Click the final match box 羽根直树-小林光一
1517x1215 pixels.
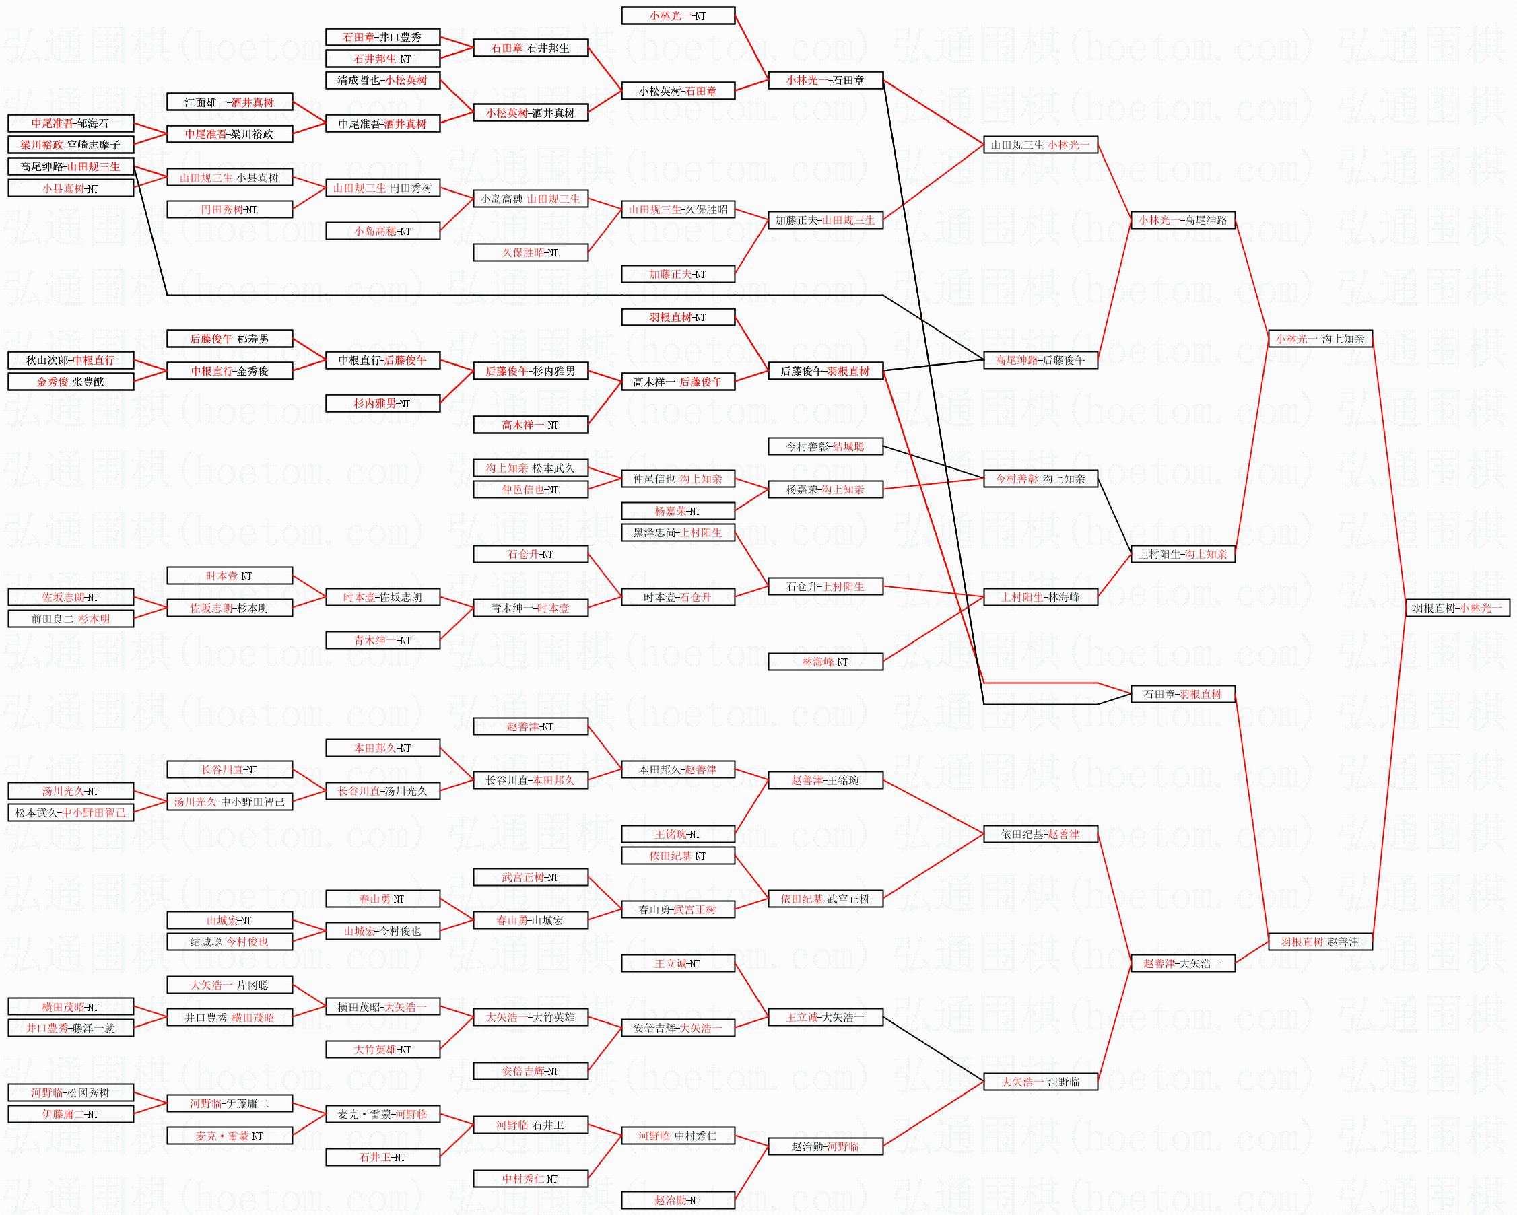pyautogui.click(x=1456, y=608)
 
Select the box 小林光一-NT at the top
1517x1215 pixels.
pyautogui.click(x=677, y=15)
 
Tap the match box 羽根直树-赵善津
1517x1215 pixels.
pyautogui.click(x=1320, y=941)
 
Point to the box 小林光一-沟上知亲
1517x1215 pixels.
pyautogui.click(x=1320, y=339)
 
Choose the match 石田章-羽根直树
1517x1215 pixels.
pyautogui.click(x=1182, y=694)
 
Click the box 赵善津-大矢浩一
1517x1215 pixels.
pyautogui.click(x=1182, y=963)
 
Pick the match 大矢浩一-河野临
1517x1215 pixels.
pyautogui.click(x=1040, y=1081)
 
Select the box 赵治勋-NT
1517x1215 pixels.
pyautogui.click(x=677, y=1200)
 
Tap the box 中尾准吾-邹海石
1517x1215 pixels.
pyautogui.click(x=70, y=123)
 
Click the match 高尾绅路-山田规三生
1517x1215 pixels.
pyautogui.click(x=70, y=166)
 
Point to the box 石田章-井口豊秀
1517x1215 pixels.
pyautogui.click(x=382, y=36)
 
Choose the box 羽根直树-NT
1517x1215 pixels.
pyautogui.click(x=677, y=317)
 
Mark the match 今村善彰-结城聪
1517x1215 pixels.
pyautogui.click(x=825, y=446)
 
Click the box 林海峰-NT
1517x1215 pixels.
pyautogui.click(x=825, y=661)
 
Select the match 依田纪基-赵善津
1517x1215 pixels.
pyautogui.click(x=1040, y=834)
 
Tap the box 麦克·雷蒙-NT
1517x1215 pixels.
pyautogui.click(x=230, y=1136)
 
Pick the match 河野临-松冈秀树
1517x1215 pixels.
pyautogui.click(x=70, y=1092)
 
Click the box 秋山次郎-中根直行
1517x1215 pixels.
pyautogui.click(x=70, y=360)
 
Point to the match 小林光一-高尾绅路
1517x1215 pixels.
pyautogui.click(x=1182, y=220)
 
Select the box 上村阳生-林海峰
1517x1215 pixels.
pyautogui.click(x=1040, y=597)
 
